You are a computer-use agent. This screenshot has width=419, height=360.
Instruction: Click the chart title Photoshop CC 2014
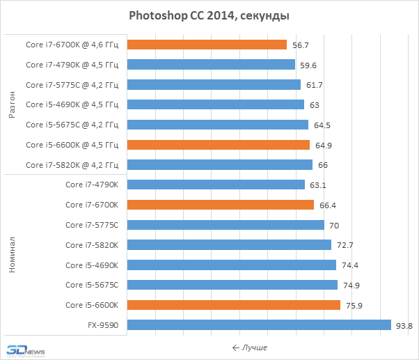[x=209, y=15]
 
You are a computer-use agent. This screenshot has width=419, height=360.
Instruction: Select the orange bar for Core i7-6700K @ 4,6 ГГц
[x=207, y=45]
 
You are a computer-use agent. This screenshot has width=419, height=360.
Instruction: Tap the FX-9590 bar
[x=260, y=324]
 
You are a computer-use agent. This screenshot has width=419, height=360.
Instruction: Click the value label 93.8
[x=404, y=325]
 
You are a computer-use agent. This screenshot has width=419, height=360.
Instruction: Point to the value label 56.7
[x=301, y=45]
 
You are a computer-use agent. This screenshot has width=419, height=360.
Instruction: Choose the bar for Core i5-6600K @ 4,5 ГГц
[x=219, y=145]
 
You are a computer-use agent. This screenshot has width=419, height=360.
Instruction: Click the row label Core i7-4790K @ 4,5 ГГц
[x=72, y=65]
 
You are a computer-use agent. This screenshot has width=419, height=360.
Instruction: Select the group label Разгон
[x=12, y=104]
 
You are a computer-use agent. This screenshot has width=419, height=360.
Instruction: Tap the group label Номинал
[x=12, y=255]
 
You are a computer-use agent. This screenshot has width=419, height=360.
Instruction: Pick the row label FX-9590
[x=102, y=325]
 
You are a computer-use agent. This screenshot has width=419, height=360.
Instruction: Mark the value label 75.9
[x=354, y=305]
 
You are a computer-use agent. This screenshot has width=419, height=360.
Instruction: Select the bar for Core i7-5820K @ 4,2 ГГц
[x=220, y=164]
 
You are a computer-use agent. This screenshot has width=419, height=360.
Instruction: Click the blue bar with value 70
[x=226, y=225]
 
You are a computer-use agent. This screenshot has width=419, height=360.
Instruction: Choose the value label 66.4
[x=327, y=205]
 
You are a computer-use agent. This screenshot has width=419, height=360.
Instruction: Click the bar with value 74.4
[x=232, y=265]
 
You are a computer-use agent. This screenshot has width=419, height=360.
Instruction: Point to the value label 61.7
[x=315, y=85]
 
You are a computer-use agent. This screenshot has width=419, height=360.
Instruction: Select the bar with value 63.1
[x=216, y=185]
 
